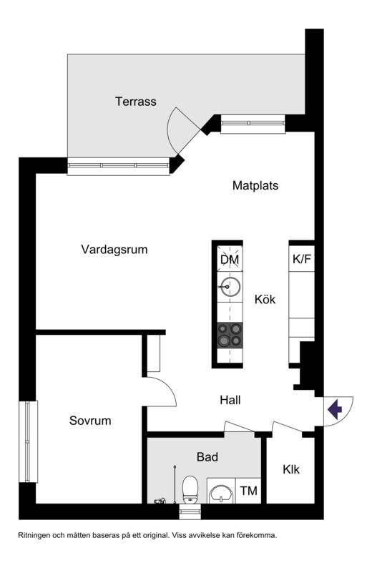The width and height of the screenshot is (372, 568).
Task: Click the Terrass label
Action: (136, 102)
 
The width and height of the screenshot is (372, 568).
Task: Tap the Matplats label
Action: (255, 185)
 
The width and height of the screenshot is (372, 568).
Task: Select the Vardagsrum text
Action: (114, 250)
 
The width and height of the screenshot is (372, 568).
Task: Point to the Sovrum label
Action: (90, 421)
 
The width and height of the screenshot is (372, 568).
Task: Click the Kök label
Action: (265, 299)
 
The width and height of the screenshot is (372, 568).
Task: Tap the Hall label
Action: (230, 401)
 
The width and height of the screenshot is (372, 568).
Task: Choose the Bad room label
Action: (207, 457)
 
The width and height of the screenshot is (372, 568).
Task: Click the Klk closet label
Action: (291, 469)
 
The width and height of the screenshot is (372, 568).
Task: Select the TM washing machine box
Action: (248, 491)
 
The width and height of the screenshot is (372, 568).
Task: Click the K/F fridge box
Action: (302, 259)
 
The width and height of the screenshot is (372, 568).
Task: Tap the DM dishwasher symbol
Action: (230, 259)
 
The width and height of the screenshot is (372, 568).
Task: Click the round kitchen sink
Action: (230, 287)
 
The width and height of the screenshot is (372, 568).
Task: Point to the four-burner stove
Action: (230, 335)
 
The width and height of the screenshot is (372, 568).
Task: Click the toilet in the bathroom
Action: (190, 489)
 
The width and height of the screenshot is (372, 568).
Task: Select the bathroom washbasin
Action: (221, 494)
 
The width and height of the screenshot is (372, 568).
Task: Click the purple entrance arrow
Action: (335, 409)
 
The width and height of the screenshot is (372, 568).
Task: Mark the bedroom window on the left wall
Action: (28, 441)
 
